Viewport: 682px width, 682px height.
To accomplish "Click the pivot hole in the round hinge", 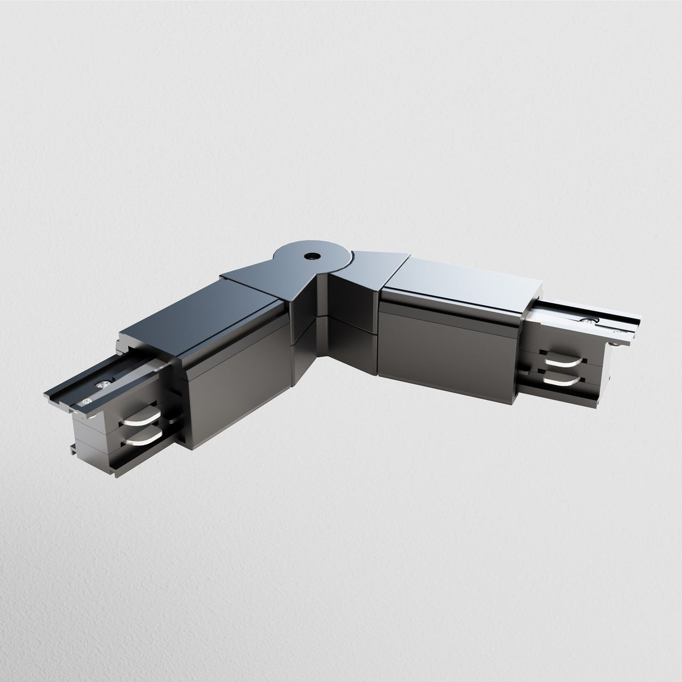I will pos(310,256).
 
